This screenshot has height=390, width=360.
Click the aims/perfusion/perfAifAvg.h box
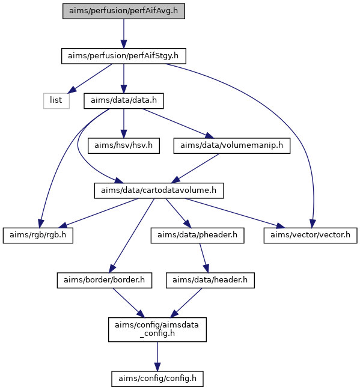[x=124, y=11]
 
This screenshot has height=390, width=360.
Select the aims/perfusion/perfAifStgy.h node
[x=124, y=56]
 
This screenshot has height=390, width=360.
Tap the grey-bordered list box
[x=56, y=101]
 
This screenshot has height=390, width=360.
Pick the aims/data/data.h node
[x=124, y=101]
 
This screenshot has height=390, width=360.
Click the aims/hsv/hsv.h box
[x=124, y=146]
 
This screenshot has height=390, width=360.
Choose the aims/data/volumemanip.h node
[x=232, y=146]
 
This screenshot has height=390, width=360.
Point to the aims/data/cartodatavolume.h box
[x=159, y=190]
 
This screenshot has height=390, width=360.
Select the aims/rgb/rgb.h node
[x=38, y=236]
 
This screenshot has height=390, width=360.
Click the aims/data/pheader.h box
[x=197, y=236]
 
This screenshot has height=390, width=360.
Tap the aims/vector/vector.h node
[x=311, y=236]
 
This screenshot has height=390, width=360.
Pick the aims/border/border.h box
[x=105, y=281]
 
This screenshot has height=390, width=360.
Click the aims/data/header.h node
[x=210, y=281]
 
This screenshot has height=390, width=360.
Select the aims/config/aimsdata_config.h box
[x=157, y=329]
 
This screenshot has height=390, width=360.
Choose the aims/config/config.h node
[x=157, y=379]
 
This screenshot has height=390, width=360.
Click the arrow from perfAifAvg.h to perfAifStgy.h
[x=124, y=34]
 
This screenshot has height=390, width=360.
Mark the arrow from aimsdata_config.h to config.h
[x=157, y=356]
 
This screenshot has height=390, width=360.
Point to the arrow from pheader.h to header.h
[x=204, y=258]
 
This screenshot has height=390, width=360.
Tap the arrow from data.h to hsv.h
[x=124, y=123]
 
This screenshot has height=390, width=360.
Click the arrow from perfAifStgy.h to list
[x=90, y=79]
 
